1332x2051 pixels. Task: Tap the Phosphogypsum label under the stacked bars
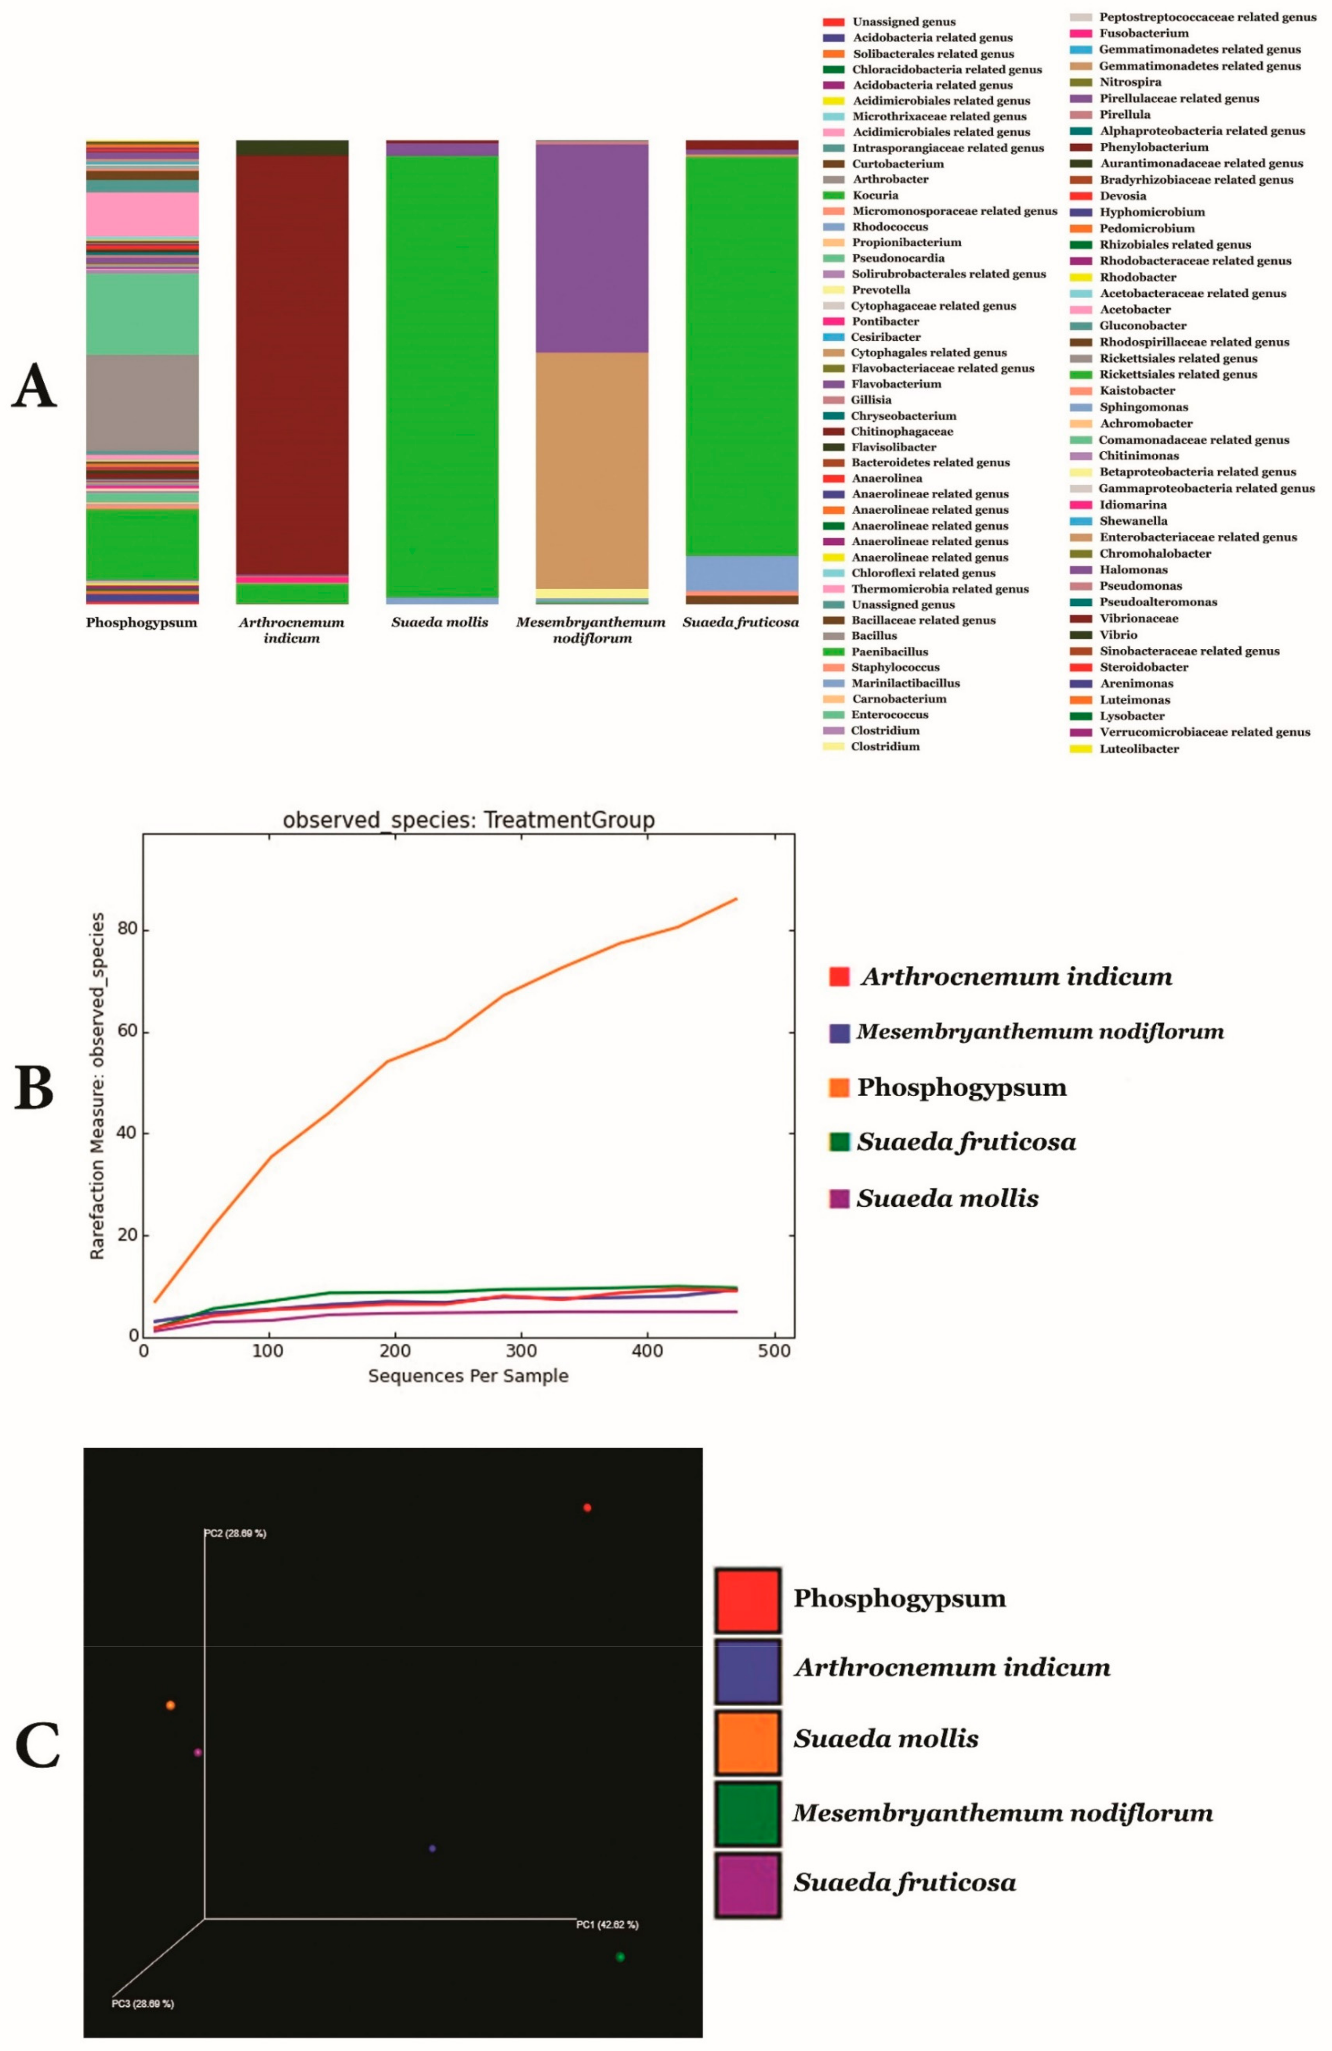click(x=141, y=622)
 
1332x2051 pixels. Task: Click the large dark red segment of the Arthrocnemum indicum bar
click(x=292, y=362)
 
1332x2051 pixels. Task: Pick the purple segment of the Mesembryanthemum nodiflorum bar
click(x=592, y=248)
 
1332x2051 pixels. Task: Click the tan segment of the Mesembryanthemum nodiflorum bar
click(x=592, y=470)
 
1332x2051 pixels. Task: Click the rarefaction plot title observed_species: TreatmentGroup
click(x=469, y=820)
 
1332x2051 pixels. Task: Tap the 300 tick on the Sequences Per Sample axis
click(x=521, y=1350)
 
